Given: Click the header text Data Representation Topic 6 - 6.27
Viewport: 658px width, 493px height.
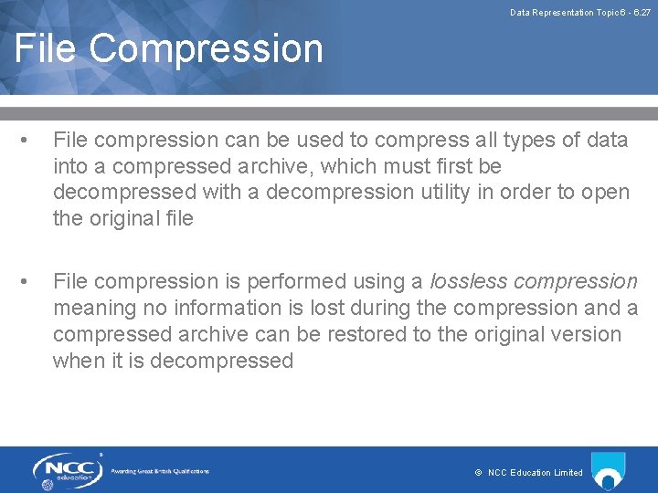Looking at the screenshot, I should pos(580,13).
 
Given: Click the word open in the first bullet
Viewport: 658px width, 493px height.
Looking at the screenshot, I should pos(606,193).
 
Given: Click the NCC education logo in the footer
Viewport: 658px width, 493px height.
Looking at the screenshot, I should pos(65,471).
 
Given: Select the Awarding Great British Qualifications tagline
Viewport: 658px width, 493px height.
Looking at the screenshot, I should pos(160,471).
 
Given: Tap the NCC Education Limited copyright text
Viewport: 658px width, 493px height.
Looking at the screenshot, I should pos(529,473).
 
